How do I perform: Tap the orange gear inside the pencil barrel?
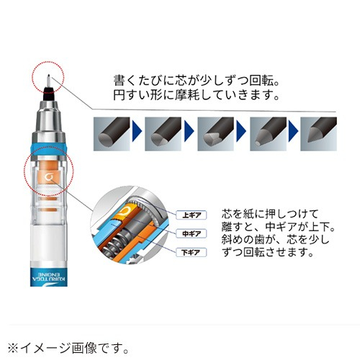[45, 175]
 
